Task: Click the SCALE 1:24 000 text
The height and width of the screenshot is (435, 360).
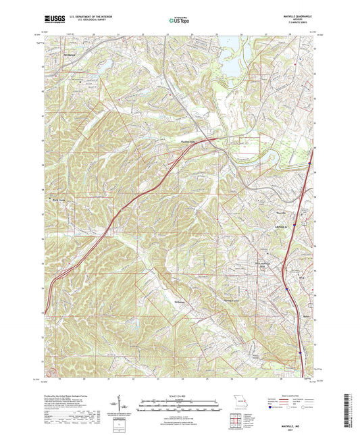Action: [180, 396]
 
